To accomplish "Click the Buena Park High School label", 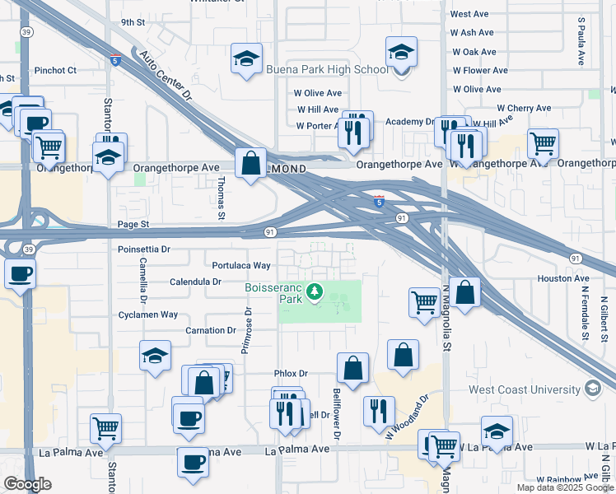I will pyautogui.click(x=327, y=69).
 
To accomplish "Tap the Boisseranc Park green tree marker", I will pyautogui.click(x=313, y=291).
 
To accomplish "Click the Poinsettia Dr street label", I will pyautogui.click(x=144, y=249).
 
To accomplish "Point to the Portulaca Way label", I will pyautogui.click(x=241, y=265).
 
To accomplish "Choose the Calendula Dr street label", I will pyautogui.click(x=195, y=282).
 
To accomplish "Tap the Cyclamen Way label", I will pyautogui.click(x=148, y=315).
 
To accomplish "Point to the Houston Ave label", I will pyautogui.click(x=563, y=279).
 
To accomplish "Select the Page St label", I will pyautogui.click(x=133, y=224).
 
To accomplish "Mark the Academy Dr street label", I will pyautogui.click(x=418, y=121).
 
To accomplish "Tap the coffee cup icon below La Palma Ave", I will pyautogui.click(x=193, y=462).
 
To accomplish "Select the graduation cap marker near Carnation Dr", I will pyautogui.click(x=155, y=356).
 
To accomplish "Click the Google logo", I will pyautogui.click(x=27, y=483).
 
